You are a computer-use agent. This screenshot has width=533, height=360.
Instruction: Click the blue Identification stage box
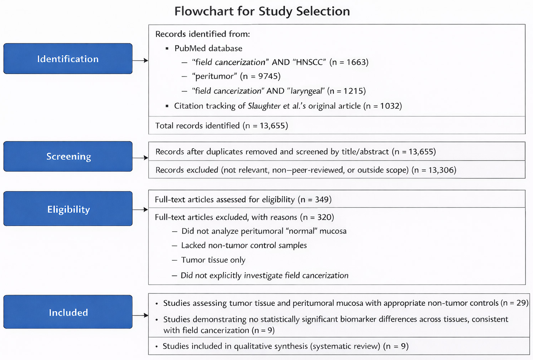68,59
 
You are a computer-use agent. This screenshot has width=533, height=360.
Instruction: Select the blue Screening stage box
68,156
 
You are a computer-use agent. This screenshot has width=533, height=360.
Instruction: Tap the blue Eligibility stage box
68,209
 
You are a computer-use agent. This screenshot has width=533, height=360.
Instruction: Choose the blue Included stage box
68,312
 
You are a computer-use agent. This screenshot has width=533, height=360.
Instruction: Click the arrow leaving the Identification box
141,61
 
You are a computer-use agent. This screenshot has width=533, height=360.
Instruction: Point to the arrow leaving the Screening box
141,158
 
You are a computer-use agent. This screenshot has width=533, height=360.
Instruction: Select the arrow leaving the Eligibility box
141,209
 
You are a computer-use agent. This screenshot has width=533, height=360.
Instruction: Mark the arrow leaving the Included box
141,315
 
